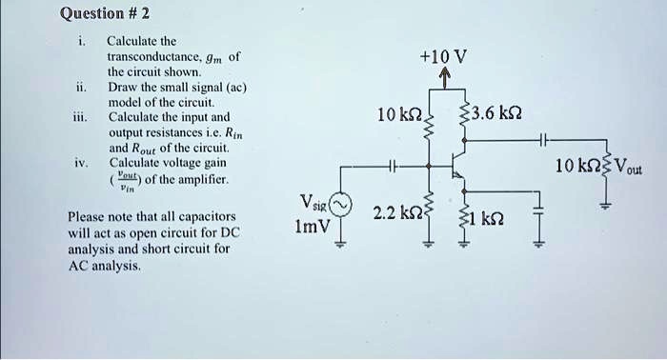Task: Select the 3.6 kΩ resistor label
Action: tap(493, 115)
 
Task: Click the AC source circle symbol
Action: tap(340, 207)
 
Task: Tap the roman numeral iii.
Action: tap(81, 118)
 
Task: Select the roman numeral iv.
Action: tap(81, 163)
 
